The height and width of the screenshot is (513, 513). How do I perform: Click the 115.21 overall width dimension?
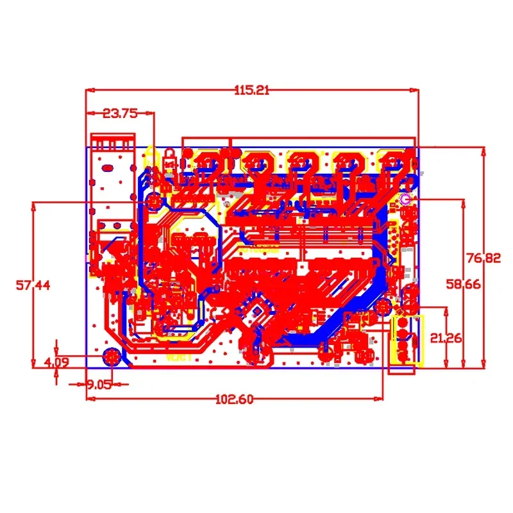click(x=251, y=90)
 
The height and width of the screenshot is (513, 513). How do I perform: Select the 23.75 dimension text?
click(x=120, y=114)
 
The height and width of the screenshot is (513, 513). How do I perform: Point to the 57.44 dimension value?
click(x=33, y=284)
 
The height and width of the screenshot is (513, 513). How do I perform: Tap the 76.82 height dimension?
click(x=483, y=258)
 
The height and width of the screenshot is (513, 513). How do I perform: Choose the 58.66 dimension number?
click(x=464, y=283)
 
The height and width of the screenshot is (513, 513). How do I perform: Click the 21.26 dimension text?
click(x=445, y=338)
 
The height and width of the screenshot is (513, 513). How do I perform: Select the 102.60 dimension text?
click(x=234, y=399)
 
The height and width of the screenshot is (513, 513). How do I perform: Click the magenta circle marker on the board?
click(x=405, y=199)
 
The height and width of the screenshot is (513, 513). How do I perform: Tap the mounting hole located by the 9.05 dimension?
click(x=112, y=357)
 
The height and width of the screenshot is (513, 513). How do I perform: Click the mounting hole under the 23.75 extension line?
click(x=154, y=202)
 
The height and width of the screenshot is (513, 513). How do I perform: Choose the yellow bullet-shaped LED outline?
click(x=171, y=154)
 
